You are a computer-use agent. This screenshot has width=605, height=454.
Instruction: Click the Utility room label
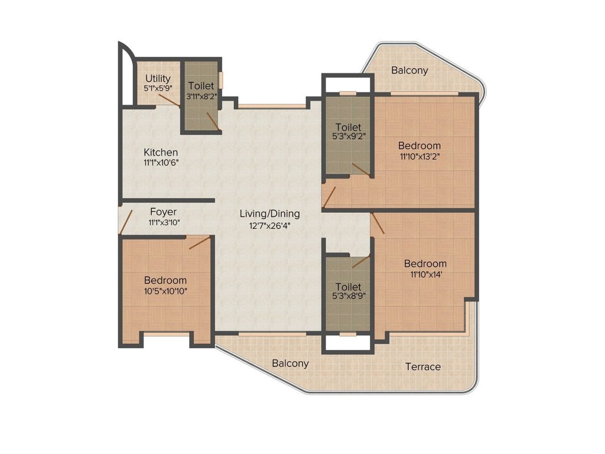pos(158,78)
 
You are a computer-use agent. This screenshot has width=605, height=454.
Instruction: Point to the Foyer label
pos(163,212)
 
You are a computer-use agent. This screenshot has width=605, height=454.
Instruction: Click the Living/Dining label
pos(269,213)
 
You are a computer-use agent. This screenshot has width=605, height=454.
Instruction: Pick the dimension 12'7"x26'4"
pos(269,225)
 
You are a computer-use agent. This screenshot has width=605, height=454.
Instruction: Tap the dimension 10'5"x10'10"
pos(165,291)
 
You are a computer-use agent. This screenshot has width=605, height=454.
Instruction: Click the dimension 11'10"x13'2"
pos(419,157)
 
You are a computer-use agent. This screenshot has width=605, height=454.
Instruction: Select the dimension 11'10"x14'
pos(425,274)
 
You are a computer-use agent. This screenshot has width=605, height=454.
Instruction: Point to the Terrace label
pos(422,367)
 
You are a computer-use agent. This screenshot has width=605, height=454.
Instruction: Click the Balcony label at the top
pos(409,70)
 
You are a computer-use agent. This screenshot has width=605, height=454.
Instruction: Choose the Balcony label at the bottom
pos(290,363)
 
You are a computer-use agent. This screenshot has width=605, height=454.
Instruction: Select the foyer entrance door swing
pos(125,222)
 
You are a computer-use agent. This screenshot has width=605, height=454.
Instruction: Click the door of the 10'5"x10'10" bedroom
pos(199,242)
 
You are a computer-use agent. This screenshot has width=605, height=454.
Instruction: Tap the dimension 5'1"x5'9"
pos(158,89)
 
